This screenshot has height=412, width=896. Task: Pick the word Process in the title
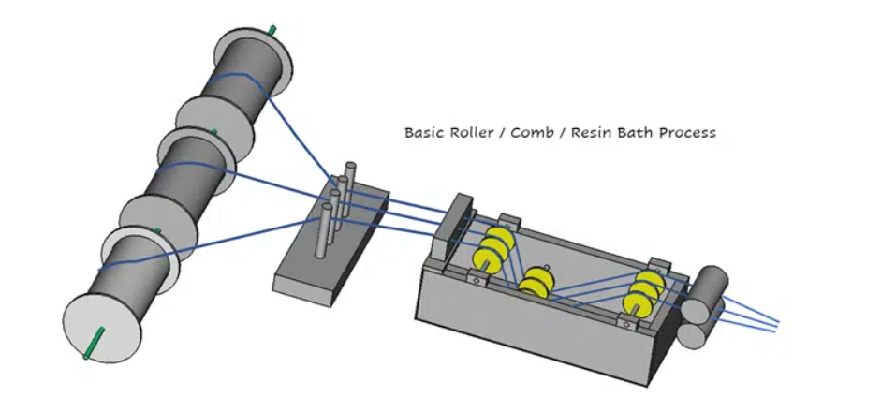687,133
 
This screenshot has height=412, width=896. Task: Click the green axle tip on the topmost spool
272,30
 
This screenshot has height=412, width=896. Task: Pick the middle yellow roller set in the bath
537,282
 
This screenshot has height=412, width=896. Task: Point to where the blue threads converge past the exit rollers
775,324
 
